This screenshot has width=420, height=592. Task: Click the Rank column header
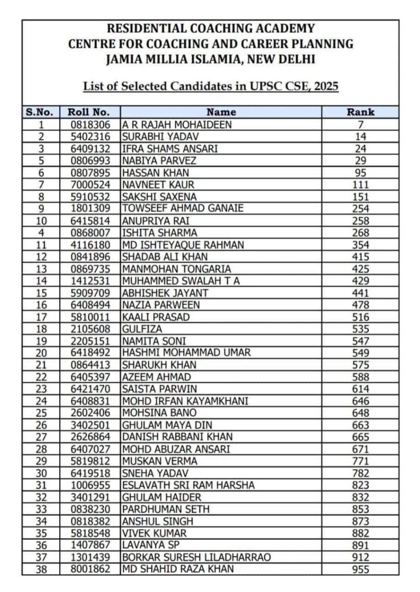[360, 112]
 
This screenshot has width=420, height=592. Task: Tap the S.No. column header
[42, 112]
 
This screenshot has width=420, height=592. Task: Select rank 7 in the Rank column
[360, 125]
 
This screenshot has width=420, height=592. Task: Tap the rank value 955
[360, 569]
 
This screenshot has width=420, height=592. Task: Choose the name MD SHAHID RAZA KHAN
[178, 569]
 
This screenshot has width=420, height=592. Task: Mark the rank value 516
[360, 317]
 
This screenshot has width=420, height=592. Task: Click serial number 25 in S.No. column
[42, 413]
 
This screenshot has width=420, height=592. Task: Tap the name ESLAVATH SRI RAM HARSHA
[189, 485]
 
